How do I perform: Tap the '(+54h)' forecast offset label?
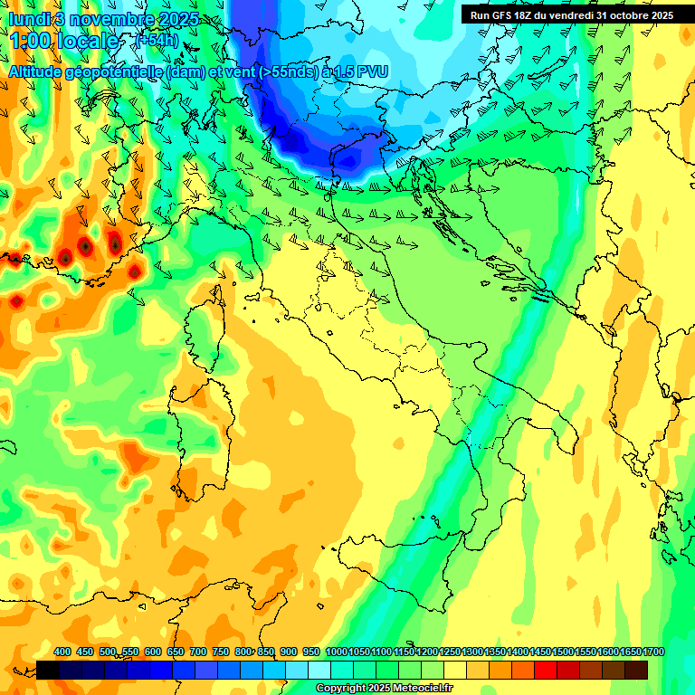tap(155, 40)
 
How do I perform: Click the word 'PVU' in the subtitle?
tap(372, 71)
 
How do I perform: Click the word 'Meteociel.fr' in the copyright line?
tap(423, 689)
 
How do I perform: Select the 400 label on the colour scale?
tap(62, 652)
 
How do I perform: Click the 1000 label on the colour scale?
tap(336, 652)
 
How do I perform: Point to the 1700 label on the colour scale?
tap(652, 652)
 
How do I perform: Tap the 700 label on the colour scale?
tap(198, 652)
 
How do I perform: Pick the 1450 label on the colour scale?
tap(539, 652)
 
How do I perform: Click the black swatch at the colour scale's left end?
tap(48, 670)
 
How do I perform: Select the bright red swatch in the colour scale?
tap(546, 670)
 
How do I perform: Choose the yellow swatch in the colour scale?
tap(455, 670)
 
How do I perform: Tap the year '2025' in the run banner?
tap(658, 15)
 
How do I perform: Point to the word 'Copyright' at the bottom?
tap(341, 689)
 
